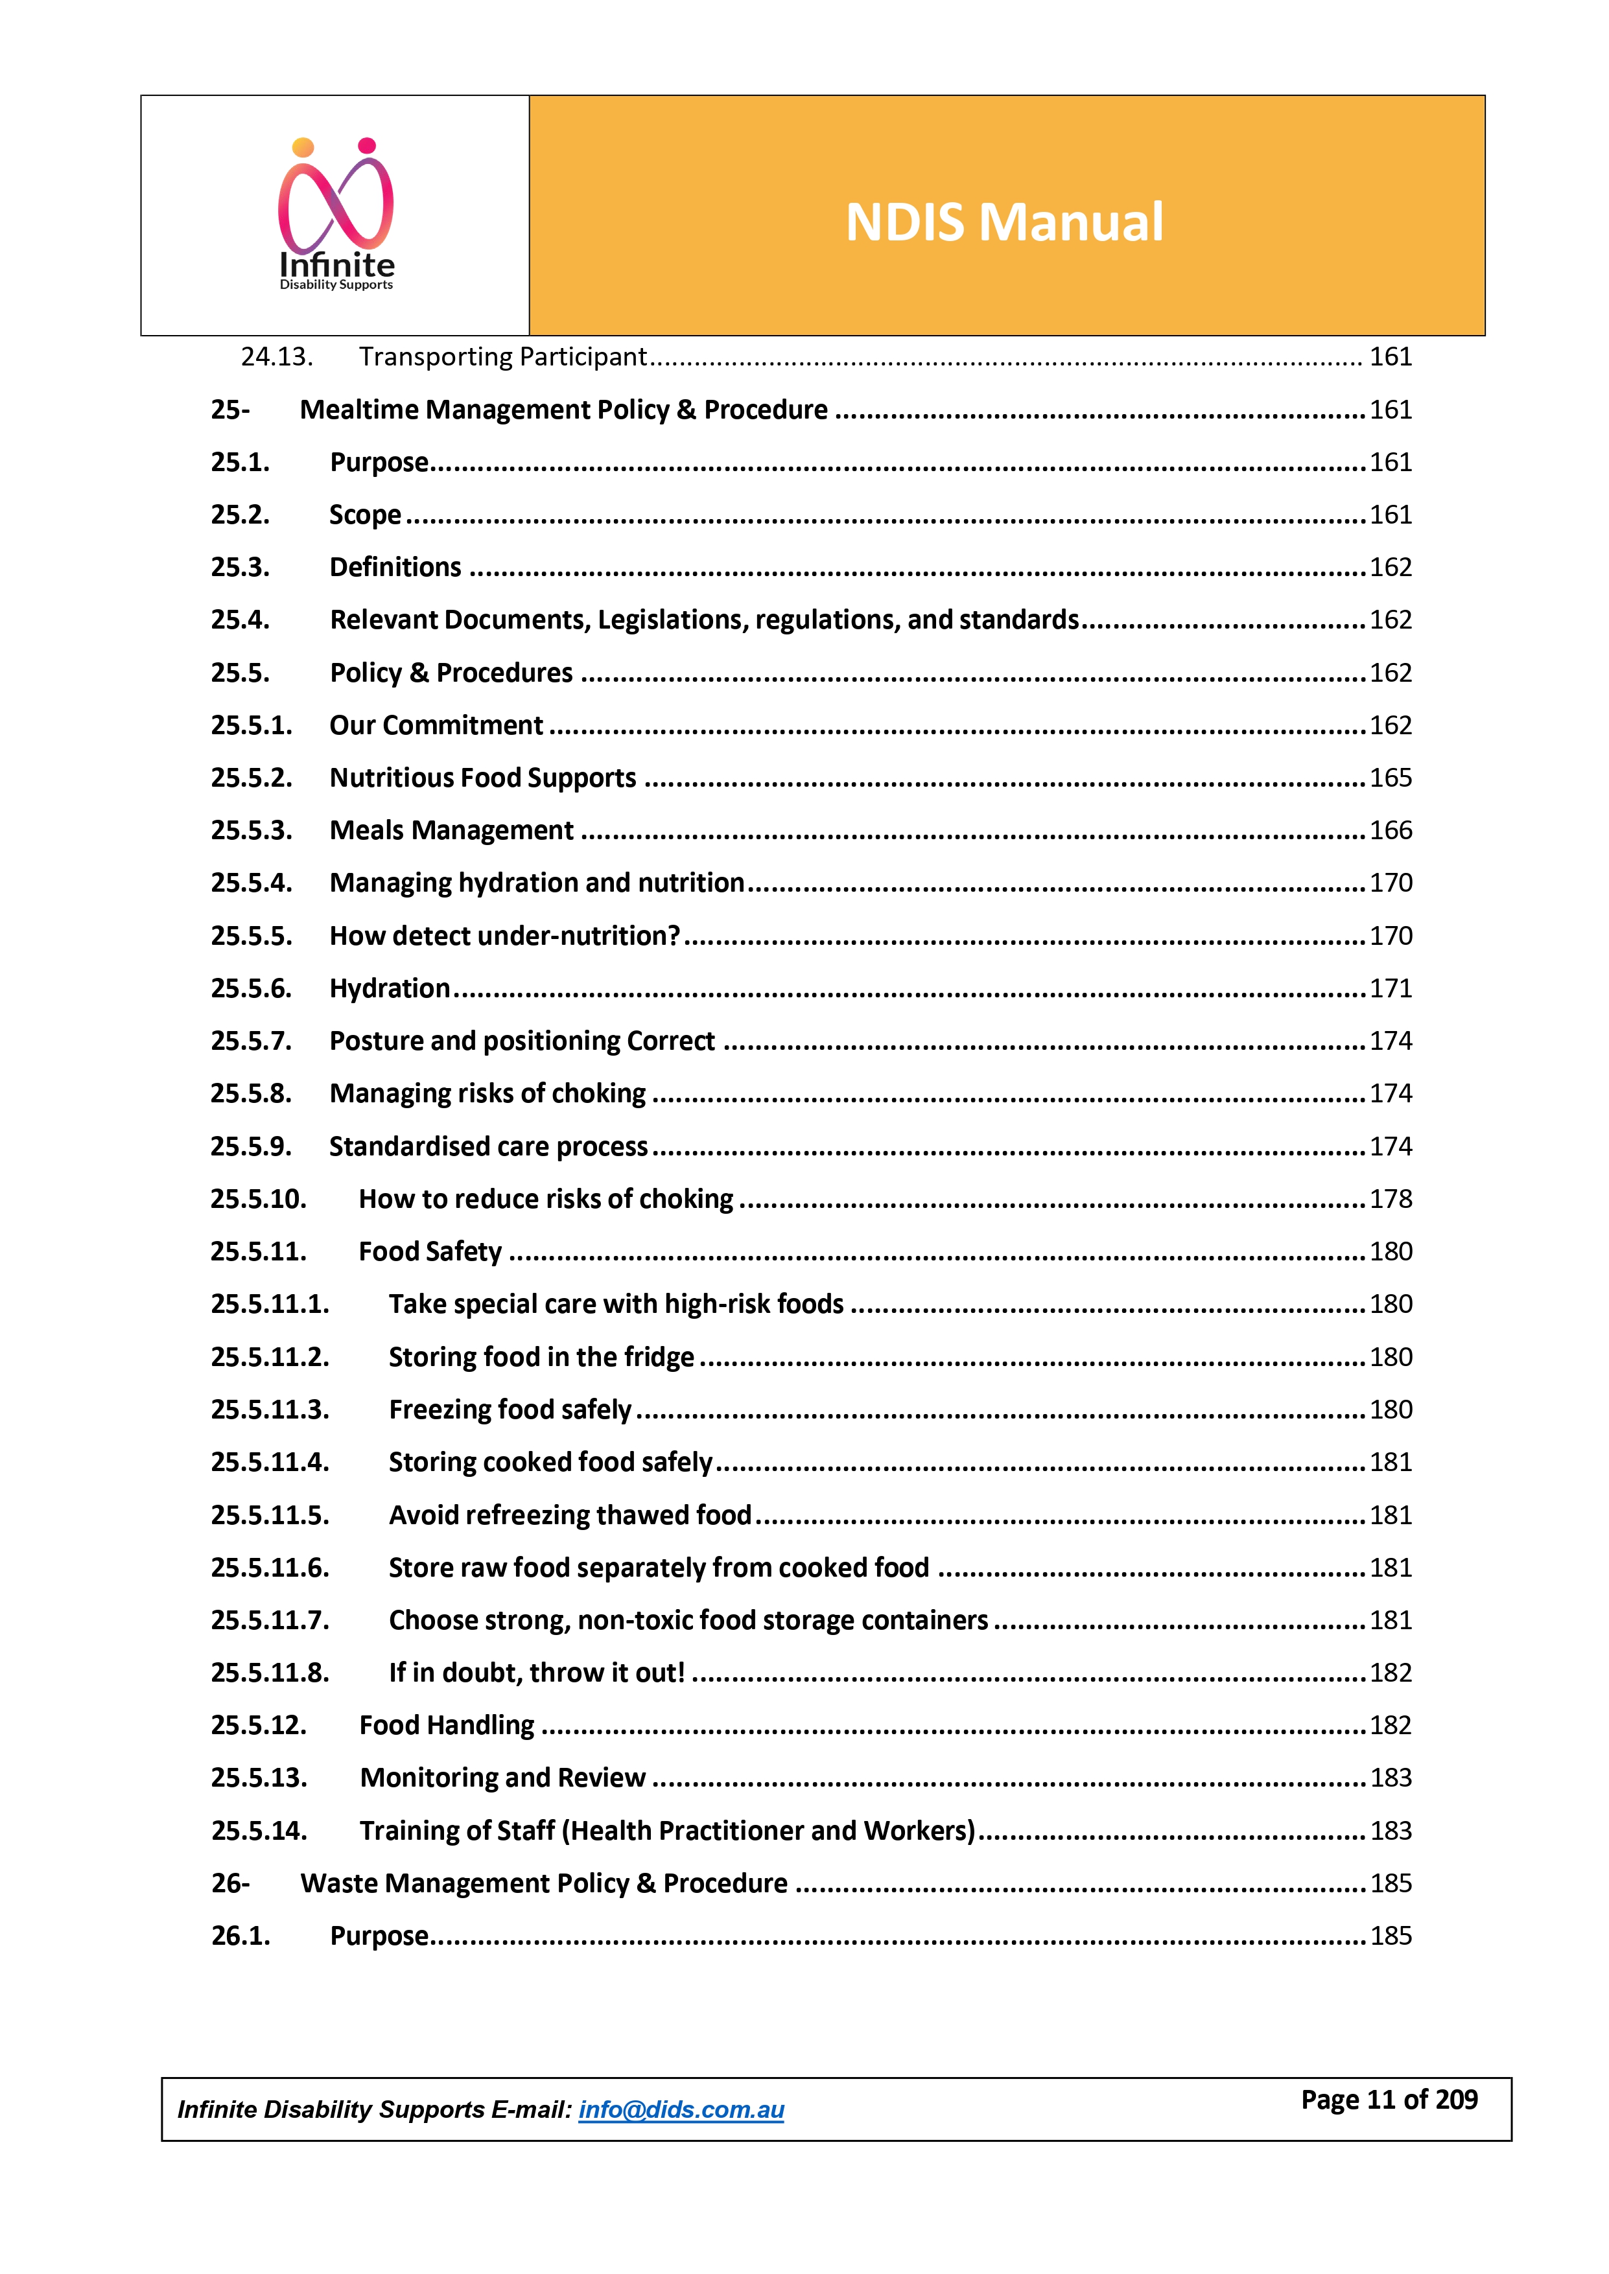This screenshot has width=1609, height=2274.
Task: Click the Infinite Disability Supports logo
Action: click(336, 215)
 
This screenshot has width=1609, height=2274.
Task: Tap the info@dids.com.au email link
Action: click(681, 2109)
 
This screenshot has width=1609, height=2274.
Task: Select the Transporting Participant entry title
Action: click(502, 356)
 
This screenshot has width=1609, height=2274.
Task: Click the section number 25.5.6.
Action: click(251, 988)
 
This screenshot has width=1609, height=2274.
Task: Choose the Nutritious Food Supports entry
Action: click(482, 778)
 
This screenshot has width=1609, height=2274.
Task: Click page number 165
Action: click(1390, 778)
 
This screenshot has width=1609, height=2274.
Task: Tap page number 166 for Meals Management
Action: click(1390, 830)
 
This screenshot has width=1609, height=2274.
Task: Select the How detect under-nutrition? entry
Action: click(504, 936)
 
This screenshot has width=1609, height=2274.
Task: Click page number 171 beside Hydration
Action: click(1390, 988)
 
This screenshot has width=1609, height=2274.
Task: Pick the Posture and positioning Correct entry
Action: click(522, 1041)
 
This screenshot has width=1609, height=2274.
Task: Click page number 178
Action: click(1390, 1198)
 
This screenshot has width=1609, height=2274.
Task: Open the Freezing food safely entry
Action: click(510, 1410)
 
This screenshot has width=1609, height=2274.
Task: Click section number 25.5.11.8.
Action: click(270, 1673)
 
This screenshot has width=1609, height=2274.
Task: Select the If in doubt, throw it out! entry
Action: click(536, 1673)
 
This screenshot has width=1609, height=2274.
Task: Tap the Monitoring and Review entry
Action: click(502, 1778)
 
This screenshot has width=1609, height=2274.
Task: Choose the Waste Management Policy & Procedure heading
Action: click(544, 1883)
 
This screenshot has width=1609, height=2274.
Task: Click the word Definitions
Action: click(395, 568)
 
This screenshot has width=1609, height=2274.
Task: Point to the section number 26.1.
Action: click(240, 1935)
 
